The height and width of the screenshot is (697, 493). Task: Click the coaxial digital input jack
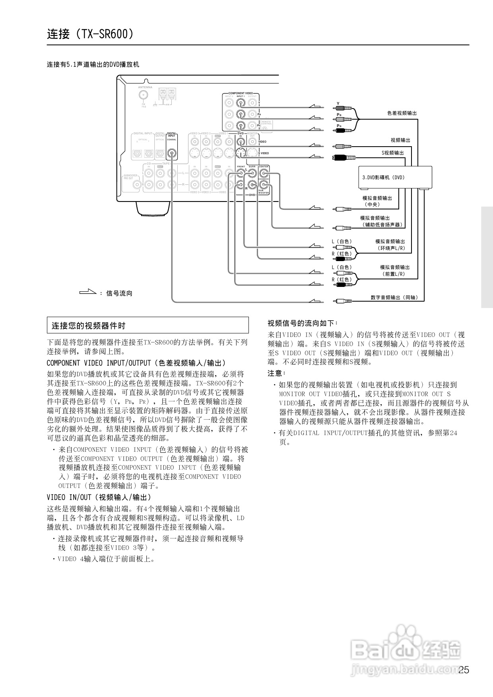point(172,153)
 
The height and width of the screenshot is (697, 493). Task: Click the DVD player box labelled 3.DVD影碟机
point(395,177)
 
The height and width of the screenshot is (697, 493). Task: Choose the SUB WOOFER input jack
point(264,184)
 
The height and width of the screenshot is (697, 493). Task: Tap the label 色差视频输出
point(402,113)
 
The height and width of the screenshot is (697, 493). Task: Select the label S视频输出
point(393,153)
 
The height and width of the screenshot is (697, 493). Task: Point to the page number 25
point(464,670)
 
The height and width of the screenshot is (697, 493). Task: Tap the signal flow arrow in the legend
point(88,293)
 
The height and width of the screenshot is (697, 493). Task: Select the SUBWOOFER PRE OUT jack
point(138,184)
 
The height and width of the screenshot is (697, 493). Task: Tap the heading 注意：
point(277,374)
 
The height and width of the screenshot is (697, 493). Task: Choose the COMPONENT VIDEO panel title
point(240,93)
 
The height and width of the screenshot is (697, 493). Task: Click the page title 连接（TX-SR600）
point(90,34)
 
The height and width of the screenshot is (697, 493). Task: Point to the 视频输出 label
point(400,140)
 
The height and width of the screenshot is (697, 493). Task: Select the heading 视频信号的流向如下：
point(303,323)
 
